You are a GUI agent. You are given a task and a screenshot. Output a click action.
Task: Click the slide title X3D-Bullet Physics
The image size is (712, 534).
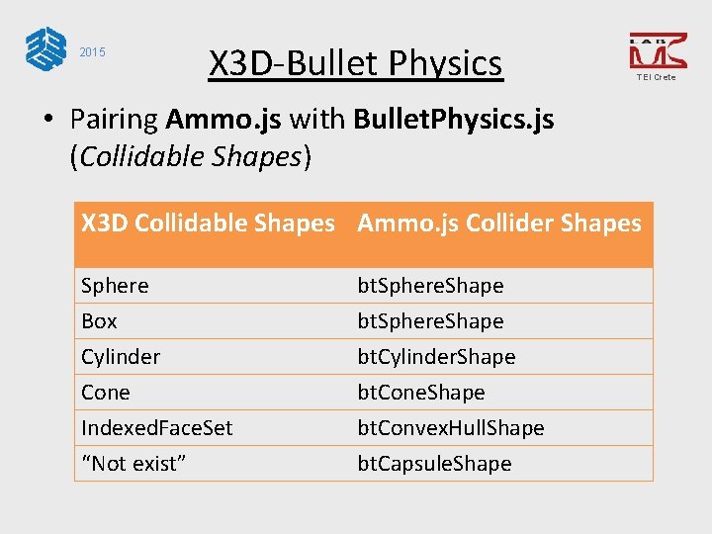(355, 64)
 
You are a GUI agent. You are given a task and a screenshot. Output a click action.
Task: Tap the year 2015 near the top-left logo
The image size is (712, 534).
(92, 51)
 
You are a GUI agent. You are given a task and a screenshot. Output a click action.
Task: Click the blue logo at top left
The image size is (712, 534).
(45, 48)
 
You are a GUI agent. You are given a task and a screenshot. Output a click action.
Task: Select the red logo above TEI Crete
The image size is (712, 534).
(657, 49)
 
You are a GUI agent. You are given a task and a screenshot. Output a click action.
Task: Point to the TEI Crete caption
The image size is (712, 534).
(657, 77)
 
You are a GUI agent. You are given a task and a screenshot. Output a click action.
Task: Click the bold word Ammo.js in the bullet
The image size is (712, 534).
(223, 120)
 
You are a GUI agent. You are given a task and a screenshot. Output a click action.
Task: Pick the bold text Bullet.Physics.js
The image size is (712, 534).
(455, 120)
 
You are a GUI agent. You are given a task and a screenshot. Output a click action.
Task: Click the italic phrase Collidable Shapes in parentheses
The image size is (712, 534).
(189, 155)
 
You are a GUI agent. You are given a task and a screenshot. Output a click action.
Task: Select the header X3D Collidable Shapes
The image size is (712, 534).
(208, 223)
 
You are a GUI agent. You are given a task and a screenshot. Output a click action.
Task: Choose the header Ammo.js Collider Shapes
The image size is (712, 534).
(499, 223)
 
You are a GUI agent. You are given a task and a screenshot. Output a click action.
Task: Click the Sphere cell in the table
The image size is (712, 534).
(115, 286)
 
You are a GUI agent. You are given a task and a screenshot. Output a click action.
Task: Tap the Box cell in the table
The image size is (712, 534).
(99, 321)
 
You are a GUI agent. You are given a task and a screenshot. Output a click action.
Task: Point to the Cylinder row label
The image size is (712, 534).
(121, 357)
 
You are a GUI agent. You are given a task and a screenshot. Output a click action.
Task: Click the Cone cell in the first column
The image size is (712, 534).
(106, 393)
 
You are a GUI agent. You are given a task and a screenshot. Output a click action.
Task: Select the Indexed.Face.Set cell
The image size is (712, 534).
(157, 428)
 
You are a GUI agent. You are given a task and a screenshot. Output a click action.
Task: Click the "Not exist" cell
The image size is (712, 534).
(134, 464)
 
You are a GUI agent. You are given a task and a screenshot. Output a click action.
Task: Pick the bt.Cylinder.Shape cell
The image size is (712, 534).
(436, 357)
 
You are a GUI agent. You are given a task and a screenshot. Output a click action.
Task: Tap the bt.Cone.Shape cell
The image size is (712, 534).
(421, 393)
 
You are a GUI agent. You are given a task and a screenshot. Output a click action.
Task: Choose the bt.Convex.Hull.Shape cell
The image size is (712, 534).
(451, 428)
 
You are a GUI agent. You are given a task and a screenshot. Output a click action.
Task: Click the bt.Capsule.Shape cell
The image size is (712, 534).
(435, 464)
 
